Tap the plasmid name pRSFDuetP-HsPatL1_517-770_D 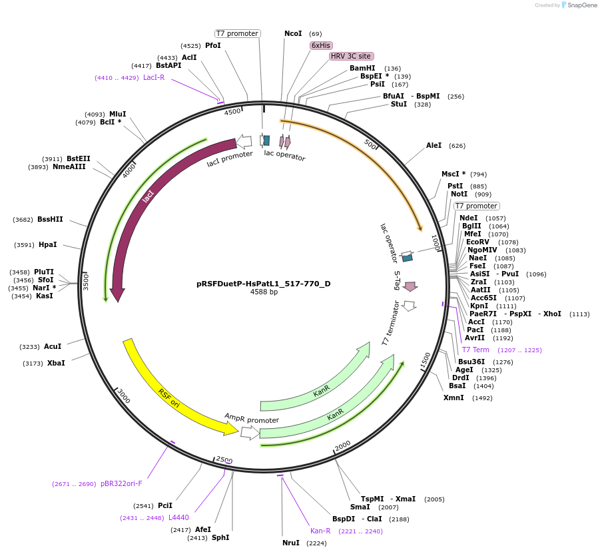point(263,284)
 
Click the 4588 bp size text point(264,292)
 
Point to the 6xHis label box point(321,45)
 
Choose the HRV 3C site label point(351,56)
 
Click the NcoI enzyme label point(293,33)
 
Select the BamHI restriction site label point(362,68)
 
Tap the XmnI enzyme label point(454,398)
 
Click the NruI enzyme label point(291,543)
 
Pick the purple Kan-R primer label point(320,531)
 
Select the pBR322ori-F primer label point(121,483)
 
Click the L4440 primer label point(178,517)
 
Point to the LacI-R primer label point(154,77)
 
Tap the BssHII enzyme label point(50,219)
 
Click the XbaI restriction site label point(56,363)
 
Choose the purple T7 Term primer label point(475,350)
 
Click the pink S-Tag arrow point(410,286)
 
